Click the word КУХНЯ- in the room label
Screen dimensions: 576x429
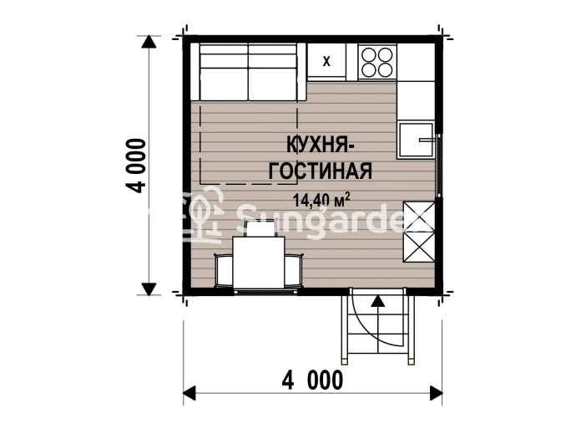pyautogui.click(x=320, y=144)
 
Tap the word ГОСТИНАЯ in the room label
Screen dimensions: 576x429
pyautogui.click(x=321, y=171)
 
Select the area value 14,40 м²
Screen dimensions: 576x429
pyautogui.click(x=321, y=200)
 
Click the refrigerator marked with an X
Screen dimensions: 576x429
pyautogui.click(x=326, y=61)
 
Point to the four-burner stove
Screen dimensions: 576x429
pyautogui.click(x=377, y=61)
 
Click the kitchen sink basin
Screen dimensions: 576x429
pyautogui.click(x=416, y=140)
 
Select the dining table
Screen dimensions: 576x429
pyautogui.click(x=259, y=263)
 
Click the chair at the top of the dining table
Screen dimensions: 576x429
pyautogui.click(x=260, y=227)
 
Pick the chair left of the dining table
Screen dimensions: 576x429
pyautogui.click(x=224, y=269)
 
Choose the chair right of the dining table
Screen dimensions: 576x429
pyautogui.click(x=294, y=269)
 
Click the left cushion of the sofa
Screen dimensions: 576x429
pyautogui.click(x=224, y=72)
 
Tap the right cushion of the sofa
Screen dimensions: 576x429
pyautogui.click(x=272, y=72)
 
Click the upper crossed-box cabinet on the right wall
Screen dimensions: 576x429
pyautogui.click(x=419, y=217)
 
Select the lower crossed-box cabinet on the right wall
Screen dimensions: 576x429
pyautogui.click(x=419, y=247)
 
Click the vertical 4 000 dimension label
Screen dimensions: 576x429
pyautogui.click(x=135, y=166)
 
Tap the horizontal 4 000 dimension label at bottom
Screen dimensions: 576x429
pyautogui.click(x=312, y=380)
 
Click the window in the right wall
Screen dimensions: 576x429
pyautogui.click(x=438, y=166)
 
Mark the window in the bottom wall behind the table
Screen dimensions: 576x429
pyautogui.click(x=265, y=292)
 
